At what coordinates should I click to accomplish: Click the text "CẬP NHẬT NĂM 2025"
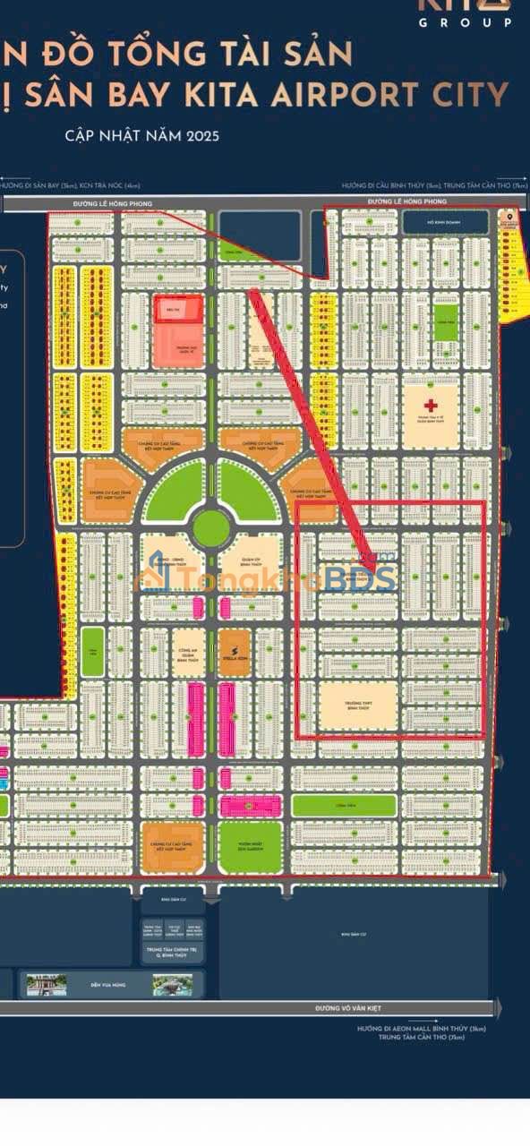pos(141,136)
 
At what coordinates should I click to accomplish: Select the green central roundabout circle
pos(211,528)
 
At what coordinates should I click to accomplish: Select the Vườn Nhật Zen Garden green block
pos(250,847)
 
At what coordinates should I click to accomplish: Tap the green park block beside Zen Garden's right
pos(343,805)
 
